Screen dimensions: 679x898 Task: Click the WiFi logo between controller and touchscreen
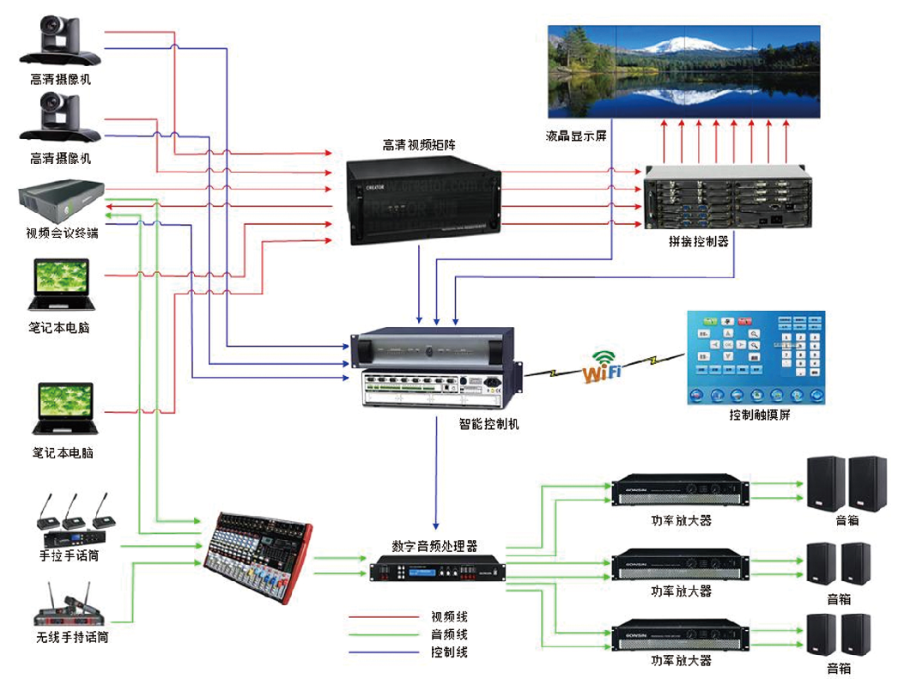[x=602, y=369]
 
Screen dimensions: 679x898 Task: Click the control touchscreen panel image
[x=755, y=358]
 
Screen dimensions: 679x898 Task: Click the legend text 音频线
[x=449, y=634]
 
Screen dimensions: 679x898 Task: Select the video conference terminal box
[x=61, y=201]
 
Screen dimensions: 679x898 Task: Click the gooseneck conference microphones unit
[x=75, y=520]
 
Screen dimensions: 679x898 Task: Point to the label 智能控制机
[x=488, y=424]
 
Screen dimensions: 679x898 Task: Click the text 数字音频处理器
[x=434, y=545]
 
